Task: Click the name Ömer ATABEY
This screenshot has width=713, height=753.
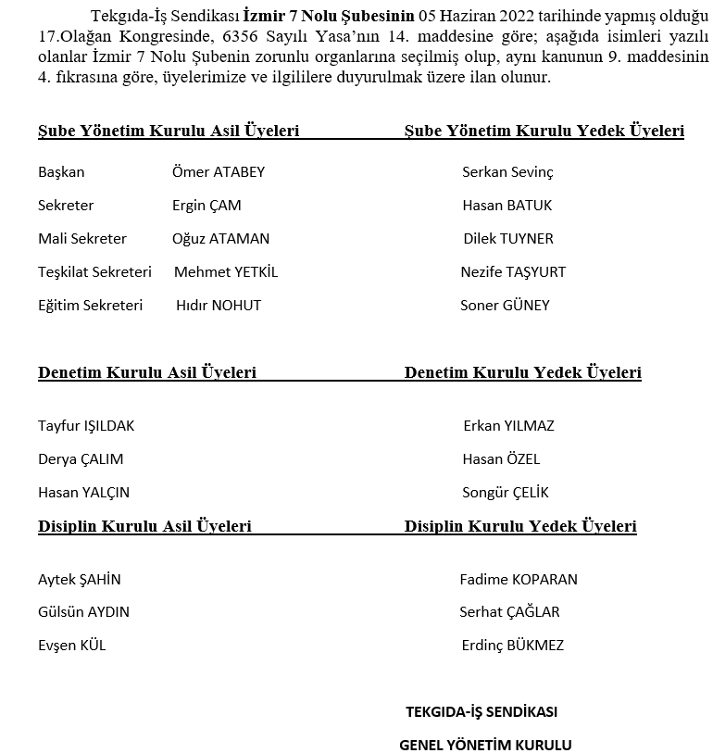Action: [219, 172]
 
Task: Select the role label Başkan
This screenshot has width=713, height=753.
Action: [61, 172]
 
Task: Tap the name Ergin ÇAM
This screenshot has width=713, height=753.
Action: [206, 206]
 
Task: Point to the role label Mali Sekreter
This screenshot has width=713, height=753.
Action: [82, 239]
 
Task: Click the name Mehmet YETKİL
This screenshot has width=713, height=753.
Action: [226, 272]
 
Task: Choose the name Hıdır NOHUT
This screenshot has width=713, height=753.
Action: [219, 306]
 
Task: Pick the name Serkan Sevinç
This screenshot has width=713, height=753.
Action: [507, 172]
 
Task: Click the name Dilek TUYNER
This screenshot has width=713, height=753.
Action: [508, 239]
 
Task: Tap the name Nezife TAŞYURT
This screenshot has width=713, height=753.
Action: [513, 272]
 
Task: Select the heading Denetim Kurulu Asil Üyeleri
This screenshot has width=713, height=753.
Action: [147, 373]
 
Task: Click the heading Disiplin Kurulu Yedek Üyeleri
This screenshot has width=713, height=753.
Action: [520, 527]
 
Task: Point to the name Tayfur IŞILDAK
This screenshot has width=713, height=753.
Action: [86, 426]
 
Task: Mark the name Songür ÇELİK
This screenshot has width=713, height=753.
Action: [506, 493]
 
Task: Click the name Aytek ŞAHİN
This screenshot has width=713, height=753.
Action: [80, 580]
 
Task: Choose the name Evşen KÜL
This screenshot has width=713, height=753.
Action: [72, 646]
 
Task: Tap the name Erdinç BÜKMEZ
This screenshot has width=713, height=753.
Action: [512, 646]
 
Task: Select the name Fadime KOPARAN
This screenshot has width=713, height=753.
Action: [519, 580]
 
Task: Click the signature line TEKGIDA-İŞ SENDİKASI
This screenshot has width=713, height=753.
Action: [482, 712]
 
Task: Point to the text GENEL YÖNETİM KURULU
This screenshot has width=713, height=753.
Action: [485, 745]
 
